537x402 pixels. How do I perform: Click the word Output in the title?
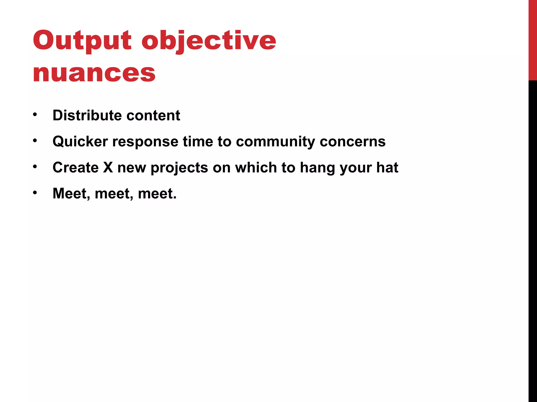coord(82,41)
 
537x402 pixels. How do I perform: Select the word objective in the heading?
coord(209,41)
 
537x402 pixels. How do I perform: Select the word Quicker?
coord(80,141)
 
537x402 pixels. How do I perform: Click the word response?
coord(145,142)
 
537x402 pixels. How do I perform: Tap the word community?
coord(275,142)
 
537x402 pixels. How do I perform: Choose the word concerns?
coord(352,141)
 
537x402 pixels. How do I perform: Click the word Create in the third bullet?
coord(76,167)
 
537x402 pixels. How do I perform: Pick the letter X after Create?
coord(108,167)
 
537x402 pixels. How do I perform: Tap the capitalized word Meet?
coord(71,193)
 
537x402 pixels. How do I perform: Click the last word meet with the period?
coord(157,193)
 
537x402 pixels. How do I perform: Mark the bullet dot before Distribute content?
coord(35,114)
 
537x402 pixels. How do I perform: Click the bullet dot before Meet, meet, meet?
coord(35,193)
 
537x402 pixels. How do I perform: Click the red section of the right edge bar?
coord(533,39)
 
